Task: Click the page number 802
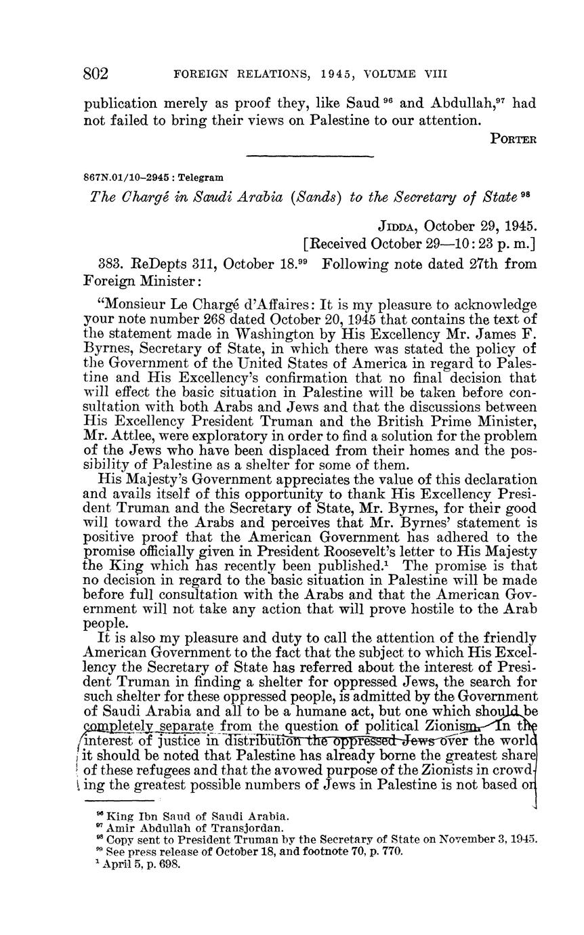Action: [x=96, y=72]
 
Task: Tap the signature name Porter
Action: [x=513, y=140]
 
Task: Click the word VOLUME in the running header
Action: [x=392, y=74]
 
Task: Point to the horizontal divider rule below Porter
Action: [x=310, y=157]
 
